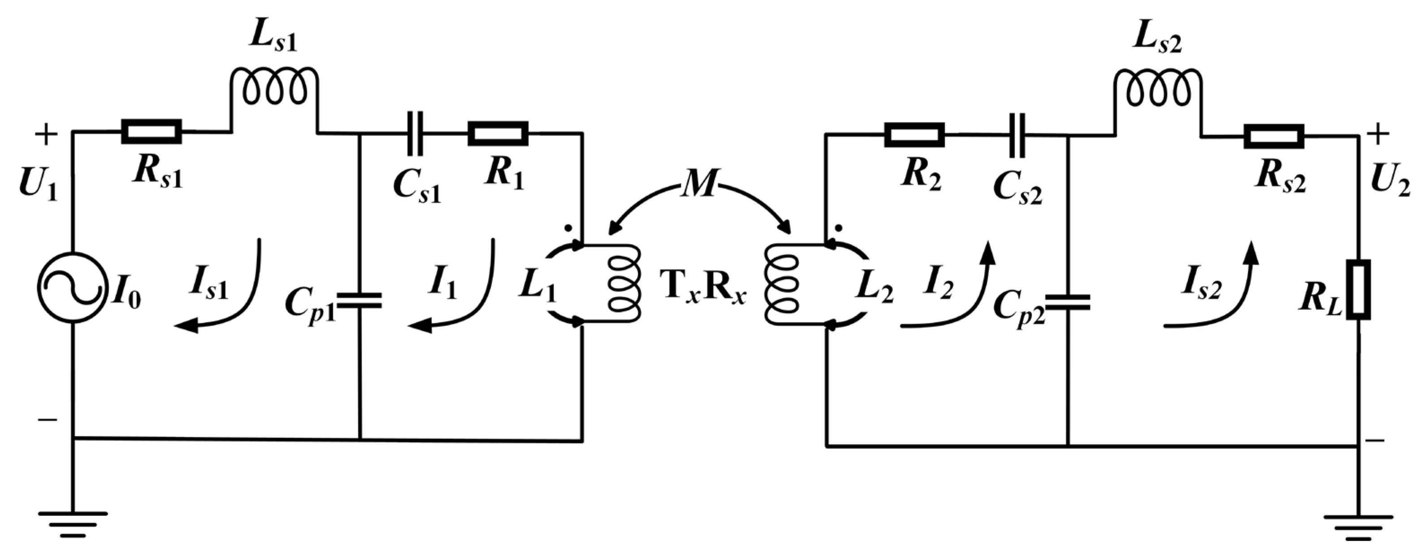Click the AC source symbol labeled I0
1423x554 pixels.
[72, 287]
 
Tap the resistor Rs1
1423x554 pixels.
[151, 131]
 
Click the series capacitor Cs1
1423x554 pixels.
[415, 133]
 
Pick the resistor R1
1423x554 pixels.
[498, 133]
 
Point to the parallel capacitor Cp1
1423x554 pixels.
[360, 301]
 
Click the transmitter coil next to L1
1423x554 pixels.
[624, 284]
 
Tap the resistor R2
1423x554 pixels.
[914, 135]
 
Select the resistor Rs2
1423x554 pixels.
[1273, 136]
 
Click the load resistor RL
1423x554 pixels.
[1358, 290]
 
